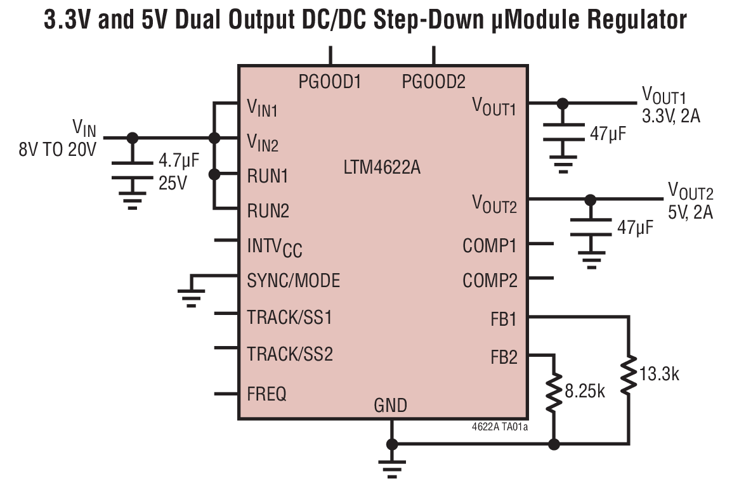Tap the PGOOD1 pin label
330,82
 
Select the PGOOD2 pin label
434,82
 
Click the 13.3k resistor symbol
629,375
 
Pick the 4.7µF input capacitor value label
178,159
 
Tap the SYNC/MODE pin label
293,280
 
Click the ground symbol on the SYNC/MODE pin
192,295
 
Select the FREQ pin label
266,394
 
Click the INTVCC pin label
274,246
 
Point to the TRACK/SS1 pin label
289,316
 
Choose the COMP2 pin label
490,280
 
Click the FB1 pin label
504,319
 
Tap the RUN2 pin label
268,210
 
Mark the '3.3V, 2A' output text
671,117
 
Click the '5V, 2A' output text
690,212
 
